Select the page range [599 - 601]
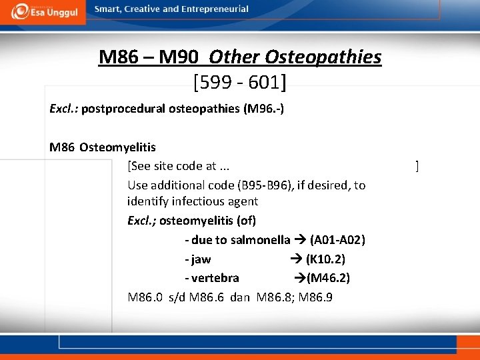pos(240,82)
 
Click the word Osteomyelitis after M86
pos(117,147)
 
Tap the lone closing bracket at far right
pos(417,166)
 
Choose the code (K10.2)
pos(325,259)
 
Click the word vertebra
pos(214,278)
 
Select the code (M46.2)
pos(328,278)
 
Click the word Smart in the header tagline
pos(108,9)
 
